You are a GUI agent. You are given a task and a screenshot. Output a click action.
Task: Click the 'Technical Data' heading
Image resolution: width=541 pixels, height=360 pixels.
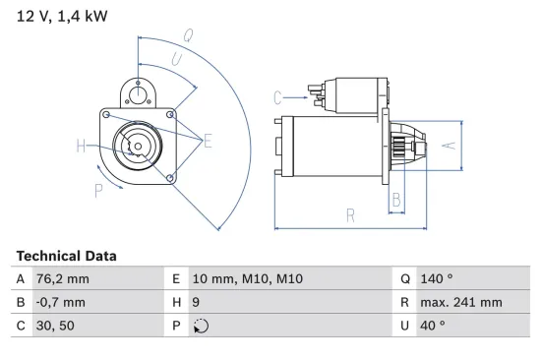pyautogui.click(x=66, y=256)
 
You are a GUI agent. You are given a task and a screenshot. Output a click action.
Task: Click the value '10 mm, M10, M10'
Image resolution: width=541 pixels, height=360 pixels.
pyautogui.click(x=249, y=278)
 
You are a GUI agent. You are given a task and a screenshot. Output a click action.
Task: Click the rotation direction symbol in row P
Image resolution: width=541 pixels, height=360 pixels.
pyautogui.click(x=202, y=327)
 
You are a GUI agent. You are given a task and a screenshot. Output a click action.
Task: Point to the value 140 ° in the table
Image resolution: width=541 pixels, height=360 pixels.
pyautogui.click(x=435, y=278)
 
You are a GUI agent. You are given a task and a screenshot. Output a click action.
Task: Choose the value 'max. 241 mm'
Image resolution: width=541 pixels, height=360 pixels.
pyautogui.click(x=460, y=302)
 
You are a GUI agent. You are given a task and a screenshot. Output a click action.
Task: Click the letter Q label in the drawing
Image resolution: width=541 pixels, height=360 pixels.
pyautogui.click(x=187, y=36)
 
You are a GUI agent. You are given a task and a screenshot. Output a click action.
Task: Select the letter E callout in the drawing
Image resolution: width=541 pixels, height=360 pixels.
pyautogui.click(x=208, y=142)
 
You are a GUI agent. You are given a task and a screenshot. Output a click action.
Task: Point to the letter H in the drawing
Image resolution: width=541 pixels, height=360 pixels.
pyautogui.click(x=82, y=148)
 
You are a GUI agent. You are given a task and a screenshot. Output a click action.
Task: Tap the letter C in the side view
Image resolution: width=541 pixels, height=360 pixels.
pyautogui.click(x=278, y=96)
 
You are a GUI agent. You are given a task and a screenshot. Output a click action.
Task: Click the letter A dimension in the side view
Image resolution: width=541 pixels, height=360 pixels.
pyautogui.click(x=447, y=146)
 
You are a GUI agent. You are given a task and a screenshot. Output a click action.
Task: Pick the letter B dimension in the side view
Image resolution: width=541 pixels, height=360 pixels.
pyautogui.click(x=395, y=200)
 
